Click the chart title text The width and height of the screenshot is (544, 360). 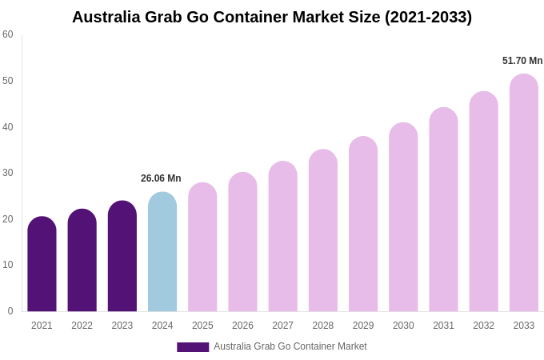click(272, 17)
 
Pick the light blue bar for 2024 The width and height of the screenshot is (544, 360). click(162, 252)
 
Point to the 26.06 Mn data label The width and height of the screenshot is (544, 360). click(161, 178)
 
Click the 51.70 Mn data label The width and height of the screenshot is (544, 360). click(522, 61)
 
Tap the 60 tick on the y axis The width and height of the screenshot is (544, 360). click(8, 34)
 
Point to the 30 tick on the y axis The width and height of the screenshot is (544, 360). click(8, 173)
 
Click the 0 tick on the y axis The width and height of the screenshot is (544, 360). click(10, 311)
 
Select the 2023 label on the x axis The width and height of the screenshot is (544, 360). click(122, 326)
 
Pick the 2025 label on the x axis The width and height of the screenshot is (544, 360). click(202, 326)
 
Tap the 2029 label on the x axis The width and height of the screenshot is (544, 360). click(363, 326)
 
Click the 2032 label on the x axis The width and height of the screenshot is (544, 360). click(483, 326)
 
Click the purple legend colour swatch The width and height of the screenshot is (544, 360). click(193, 347)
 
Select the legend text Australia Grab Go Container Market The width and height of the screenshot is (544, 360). click(290, 346)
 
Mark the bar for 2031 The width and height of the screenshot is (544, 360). click(443, 210)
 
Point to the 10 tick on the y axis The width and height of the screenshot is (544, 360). click(8, 265)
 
